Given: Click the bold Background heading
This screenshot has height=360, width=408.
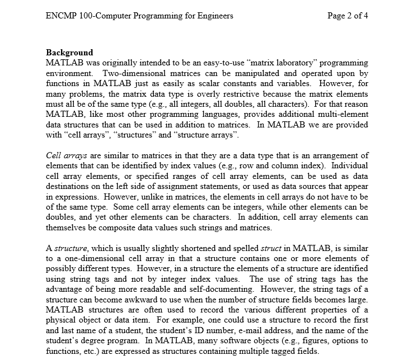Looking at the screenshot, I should pos(69,53).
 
